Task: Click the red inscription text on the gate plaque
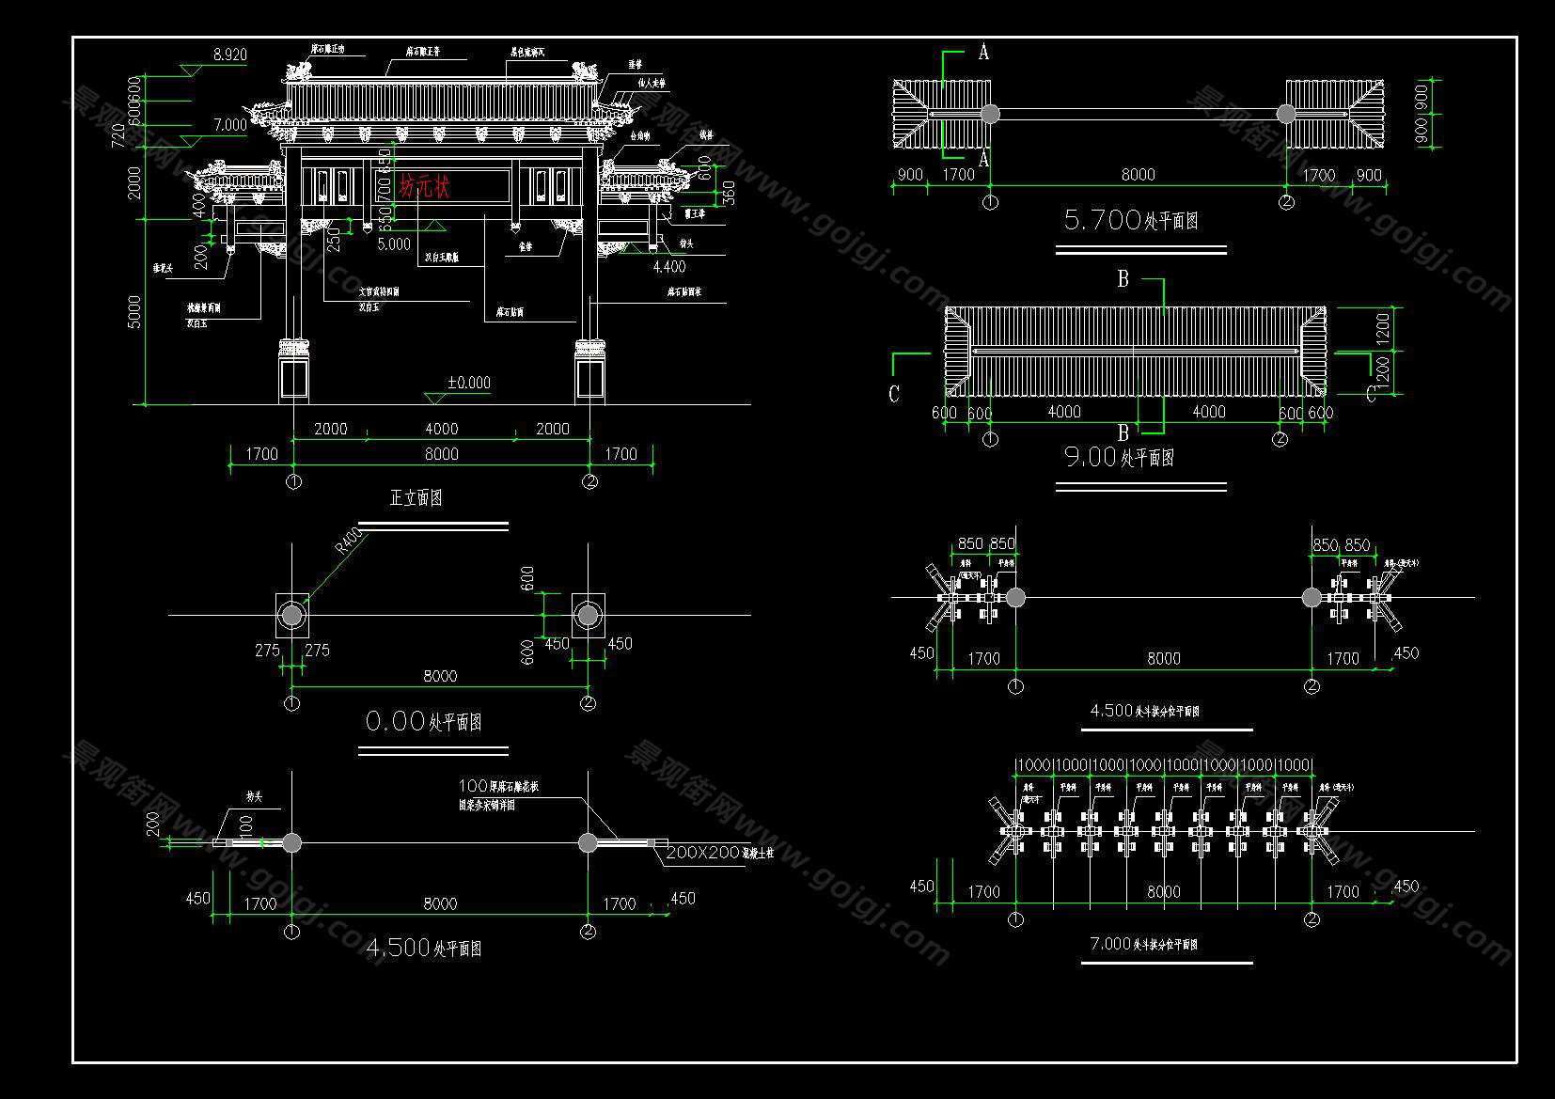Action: point(425,186)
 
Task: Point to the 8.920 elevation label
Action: point(229,55)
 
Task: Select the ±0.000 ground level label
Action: point(468,383)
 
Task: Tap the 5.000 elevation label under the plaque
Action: point(394,244)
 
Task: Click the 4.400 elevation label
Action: point(668,267)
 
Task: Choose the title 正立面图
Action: point(416,498)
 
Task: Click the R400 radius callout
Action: point(347,542)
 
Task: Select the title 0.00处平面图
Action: point(423,722)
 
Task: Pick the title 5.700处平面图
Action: point(1131,221)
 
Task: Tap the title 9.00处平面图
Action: point(1119,458)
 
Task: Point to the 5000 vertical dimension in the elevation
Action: point(134,311)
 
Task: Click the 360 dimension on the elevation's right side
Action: point(729,193)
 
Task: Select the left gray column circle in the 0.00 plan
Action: point(292,615)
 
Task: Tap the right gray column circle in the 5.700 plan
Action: point(1286,114)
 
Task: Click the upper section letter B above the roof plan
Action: point(1123,279)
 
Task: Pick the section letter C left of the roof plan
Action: point(894,394)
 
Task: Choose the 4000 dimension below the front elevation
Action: point(441,429)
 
